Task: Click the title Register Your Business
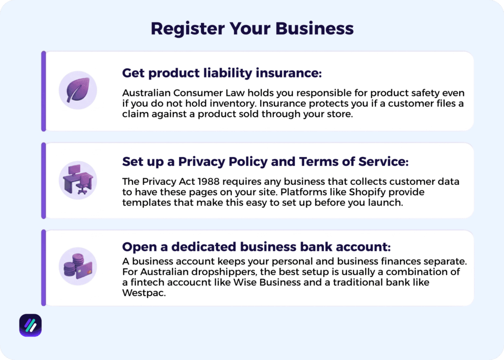tap(252, 28)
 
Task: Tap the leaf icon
tap(78, 90)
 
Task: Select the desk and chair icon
tap(78, 180)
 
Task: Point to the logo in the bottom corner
tap(31, 325)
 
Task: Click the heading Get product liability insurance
tap(221, 73)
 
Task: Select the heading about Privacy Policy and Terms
tap(265, 161)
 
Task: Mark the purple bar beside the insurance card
tap(43, 91)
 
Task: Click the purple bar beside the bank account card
tap(43, 268)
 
